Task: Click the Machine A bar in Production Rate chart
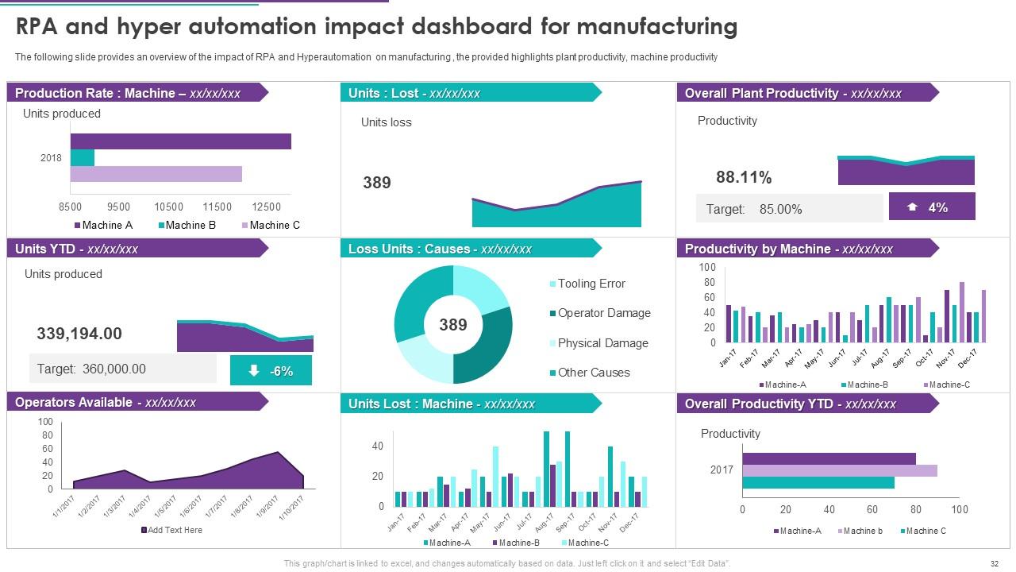[x=180, y=141]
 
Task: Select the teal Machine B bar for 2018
[x=83, y=158]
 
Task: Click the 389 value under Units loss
[x=377, y=183]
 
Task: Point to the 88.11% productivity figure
[x=744, y=177]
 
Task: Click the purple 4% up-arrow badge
[x=932, y=207]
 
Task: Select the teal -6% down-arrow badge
[x=271, y=371]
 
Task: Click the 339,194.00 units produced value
[x=79, y=334]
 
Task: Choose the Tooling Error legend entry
[x=591, y=284]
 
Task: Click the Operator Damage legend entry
[x=603, y=313]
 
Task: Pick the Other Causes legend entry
[x=593, y=373]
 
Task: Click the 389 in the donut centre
[x=453, y=325]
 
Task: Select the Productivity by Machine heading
[x=788, y=249]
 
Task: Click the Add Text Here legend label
[x=175, y=530]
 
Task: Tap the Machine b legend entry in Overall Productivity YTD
[x=862, y=531]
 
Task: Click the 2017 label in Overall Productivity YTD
[x=722, y=470]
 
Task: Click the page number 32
[x=995, y=563]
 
